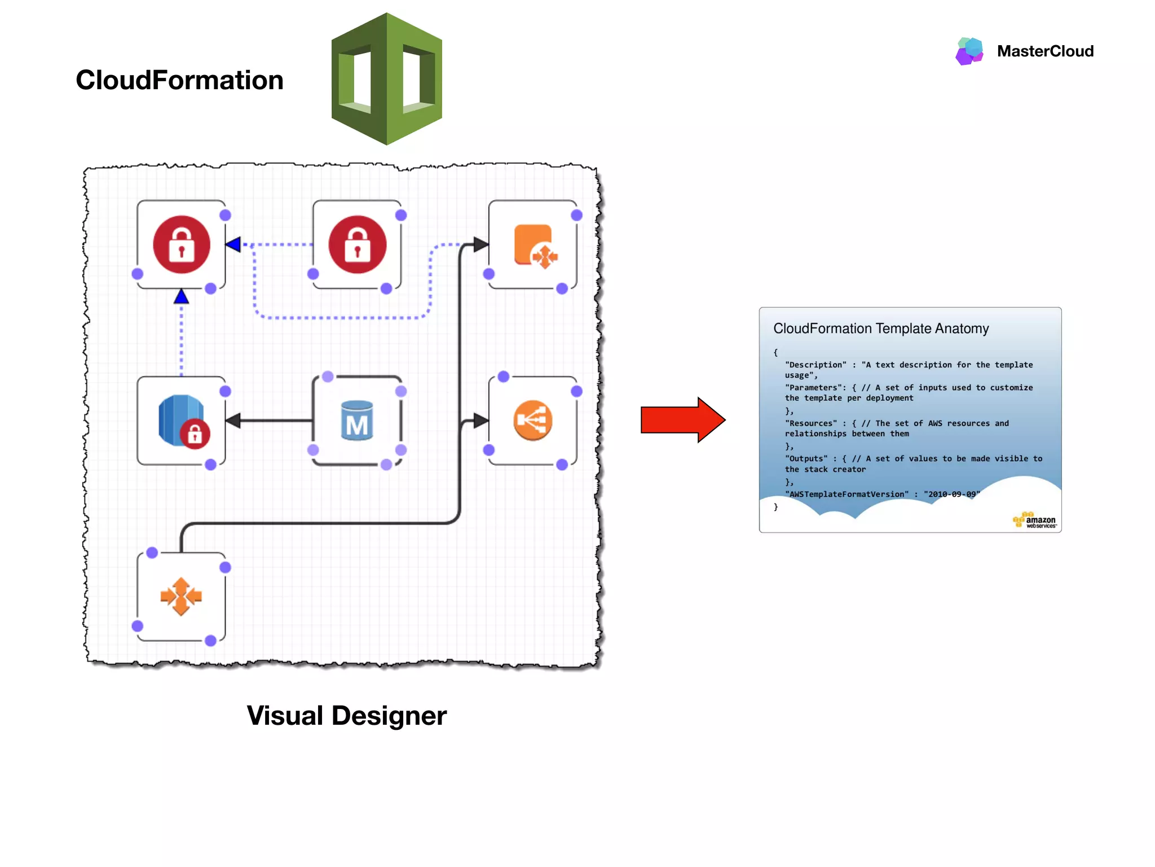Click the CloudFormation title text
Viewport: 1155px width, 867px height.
[x=179, y=80]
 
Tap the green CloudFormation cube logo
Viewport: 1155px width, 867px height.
[x=387, y=79]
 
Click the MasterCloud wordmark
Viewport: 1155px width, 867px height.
[x=1045, y=51]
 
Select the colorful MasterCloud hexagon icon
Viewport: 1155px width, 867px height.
[x=969, y=51]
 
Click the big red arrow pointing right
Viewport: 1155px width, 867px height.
[x=682, y=420]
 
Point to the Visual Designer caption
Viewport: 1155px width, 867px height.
[x=346, y=716]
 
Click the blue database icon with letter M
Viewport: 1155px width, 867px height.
[x=357, y=421]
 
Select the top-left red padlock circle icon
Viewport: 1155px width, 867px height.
[x=182, y=244]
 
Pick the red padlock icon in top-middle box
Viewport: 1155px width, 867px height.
[x=358, y=244]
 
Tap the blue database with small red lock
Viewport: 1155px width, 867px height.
[x=182, y=421]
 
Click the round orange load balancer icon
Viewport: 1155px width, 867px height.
[x=533, y=421]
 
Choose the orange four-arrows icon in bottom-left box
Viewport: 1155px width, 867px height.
[x=181, y=596]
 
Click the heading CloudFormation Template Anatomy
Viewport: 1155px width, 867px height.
[x=881, y=329]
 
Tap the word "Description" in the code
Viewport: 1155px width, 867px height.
[x=816, y=365]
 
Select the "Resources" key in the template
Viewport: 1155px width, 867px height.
[x=811, y=423]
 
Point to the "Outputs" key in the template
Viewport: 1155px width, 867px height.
[x=806, y=459]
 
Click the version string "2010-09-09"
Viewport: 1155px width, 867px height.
[x=951, y=494]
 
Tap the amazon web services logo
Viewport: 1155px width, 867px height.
[x=1034, y=520]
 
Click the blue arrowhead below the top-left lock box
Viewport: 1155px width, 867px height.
[x=181, y=296]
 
